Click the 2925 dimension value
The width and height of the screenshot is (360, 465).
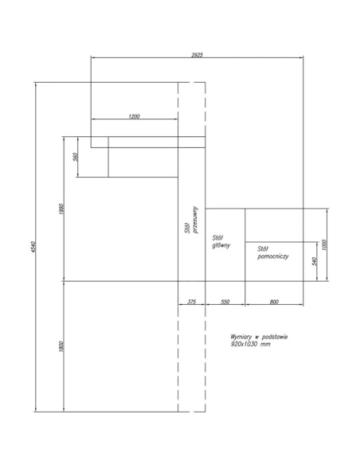(x=197, y=55)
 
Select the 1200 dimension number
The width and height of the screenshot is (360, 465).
(x=134, y=116)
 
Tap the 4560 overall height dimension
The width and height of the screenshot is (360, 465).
(x=33, y=247)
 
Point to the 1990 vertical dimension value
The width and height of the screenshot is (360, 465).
(x=61, y=209)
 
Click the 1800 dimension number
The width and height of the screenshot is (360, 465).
(x=61, y=346)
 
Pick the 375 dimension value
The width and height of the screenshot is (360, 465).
(x=192, y=302)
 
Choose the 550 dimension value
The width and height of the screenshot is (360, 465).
(x=225, y=302)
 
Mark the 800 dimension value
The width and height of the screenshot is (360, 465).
(x=274, y=302)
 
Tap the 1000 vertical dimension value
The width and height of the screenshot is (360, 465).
(x=324, y=245)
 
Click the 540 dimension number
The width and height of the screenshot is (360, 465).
(x=315, y=261)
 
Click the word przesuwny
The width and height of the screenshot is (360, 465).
(x=195, y=220)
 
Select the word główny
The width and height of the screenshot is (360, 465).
(x=221, y=245)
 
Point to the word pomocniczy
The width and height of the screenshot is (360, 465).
(x=273, y=256)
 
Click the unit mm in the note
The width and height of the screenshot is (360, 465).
(x=265, y=344)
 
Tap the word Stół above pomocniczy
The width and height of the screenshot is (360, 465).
(x=263, y=248)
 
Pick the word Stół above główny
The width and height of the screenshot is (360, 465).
(x=217, y=238)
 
